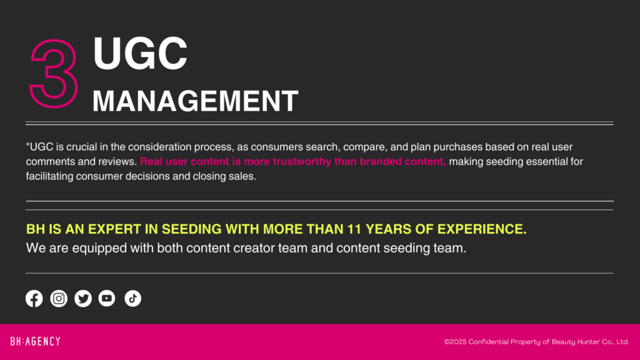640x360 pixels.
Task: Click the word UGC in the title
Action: tap(140, 53)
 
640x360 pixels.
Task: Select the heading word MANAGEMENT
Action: tap(195, 101)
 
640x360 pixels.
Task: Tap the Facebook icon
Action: tap(34, 298)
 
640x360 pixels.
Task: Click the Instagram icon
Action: tap(59, 298)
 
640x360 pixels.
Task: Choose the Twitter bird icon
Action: tap(83, 298)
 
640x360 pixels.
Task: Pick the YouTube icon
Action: tap(107, 298)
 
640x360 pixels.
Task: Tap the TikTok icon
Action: tap(132, 298)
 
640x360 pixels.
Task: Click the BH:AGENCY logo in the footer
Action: tap(36, 341)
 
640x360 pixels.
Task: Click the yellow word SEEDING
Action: tap(191, 229)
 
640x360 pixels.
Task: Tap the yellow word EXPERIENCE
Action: tap(482, 229)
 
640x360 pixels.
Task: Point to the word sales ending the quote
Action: tap(244, 176)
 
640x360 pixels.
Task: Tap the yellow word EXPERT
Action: tap(115, 229)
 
